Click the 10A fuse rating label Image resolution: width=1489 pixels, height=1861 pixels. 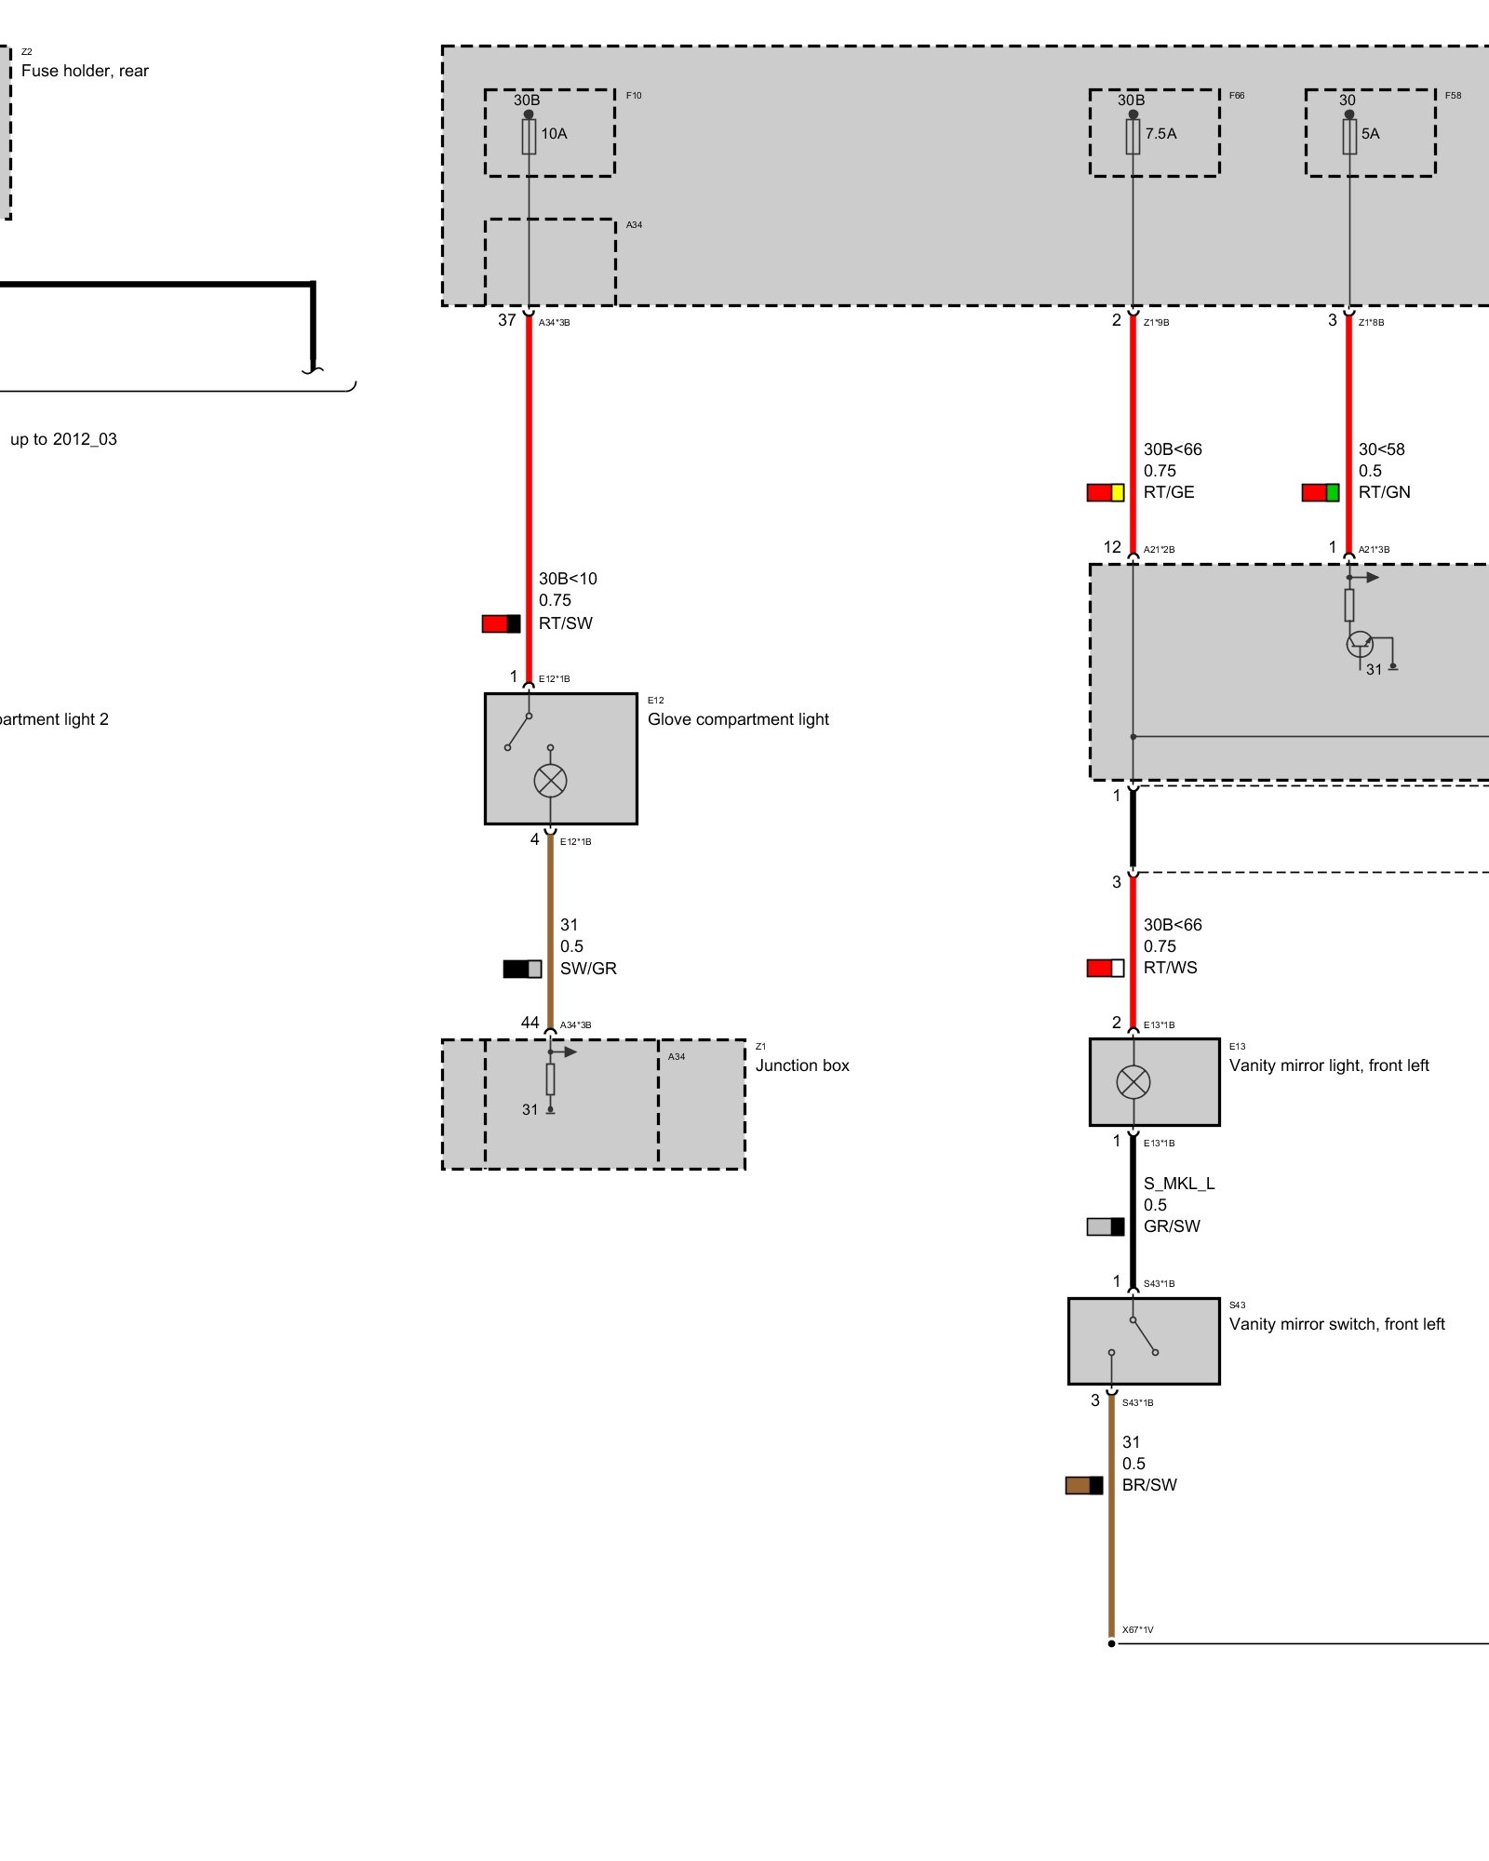tap(554, 134)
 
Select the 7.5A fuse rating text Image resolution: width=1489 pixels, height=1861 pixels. tap(1160, 134)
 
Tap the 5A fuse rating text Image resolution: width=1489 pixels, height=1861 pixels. tap(1370, 134)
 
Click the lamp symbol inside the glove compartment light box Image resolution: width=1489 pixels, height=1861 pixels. tap(550, 781)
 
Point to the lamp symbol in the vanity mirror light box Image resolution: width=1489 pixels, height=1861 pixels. tap(1133, 1081)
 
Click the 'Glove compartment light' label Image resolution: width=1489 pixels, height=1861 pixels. tap(738, 719)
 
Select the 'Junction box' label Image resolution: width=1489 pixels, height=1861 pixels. tap(802, 1065)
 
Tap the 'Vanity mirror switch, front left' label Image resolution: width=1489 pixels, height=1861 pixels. tap(1336, 1324)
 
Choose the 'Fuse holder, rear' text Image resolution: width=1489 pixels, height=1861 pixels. tap(85, 71)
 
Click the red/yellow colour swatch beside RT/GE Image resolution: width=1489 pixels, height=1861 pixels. tap(1106, 492)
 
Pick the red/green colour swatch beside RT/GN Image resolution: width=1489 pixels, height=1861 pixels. tap(1320, 492)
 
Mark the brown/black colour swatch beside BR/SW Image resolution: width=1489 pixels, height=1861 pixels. tap(1083, 1485)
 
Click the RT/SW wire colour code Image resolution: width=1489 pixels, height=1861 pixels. tap(565, 623)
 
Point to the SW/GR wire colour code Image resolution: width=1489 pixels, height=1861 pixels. tap(588, 969)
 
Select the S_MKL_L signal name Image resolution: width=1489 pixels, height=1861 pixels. tap(1179, 1184)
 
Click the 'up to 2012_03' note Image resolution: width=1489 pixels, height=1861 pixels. tap(63, 439)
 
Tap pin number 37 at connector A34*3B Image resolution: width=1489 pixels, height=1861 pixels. tap(506, 320)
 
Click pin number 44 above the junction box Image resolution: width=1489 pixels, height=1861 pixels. tap(530, 1023)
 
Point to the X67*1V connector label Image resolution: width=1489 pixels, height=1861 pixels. tap(1137, 1629)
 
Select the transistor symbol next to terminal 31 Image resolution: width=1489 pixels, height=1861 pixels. tap(1360, 643)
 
